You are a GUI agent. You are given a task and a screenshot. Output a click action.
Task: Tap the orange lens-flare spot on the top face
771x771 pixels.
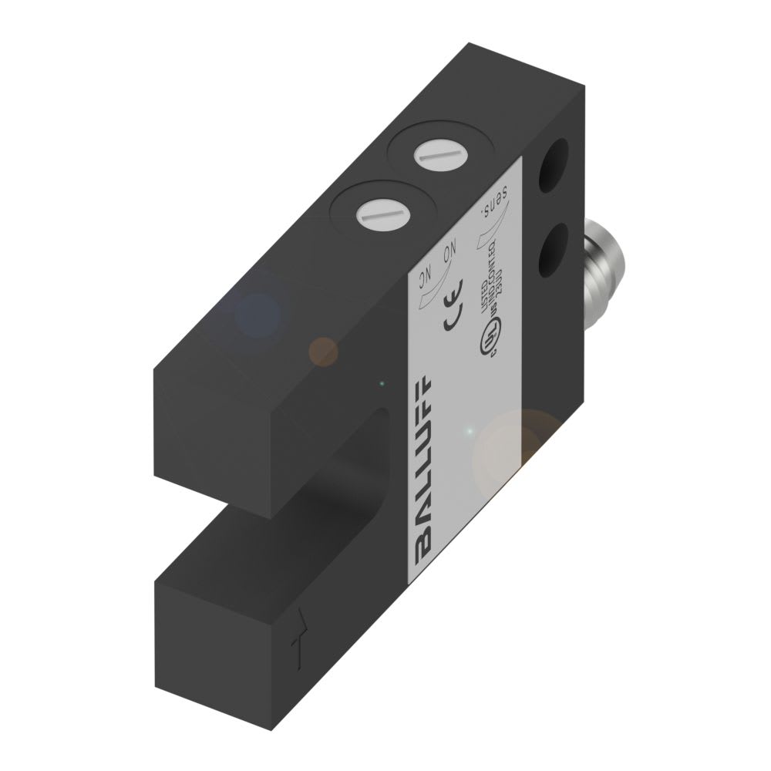[x=323, y=351]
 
